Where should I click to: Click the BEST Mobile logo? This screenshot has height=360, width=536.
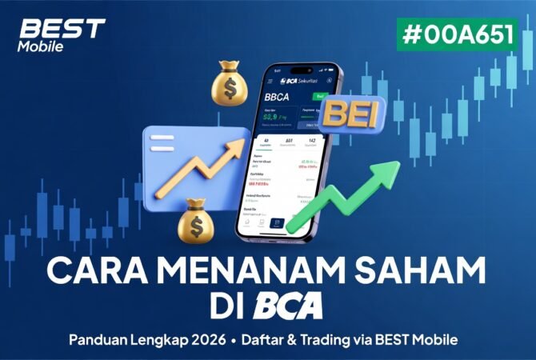61,34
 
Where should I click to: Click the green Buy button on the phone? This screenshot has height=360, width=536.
321,97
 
